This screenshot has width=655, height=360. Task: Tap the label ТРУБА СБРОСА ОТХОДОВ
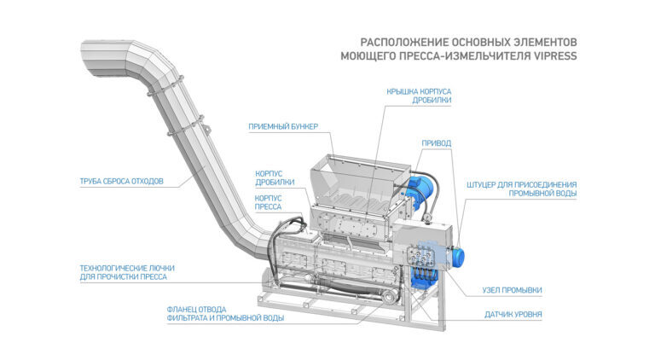point(121,181)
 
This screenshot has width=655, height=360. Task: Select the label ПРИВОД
point(437,142)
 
